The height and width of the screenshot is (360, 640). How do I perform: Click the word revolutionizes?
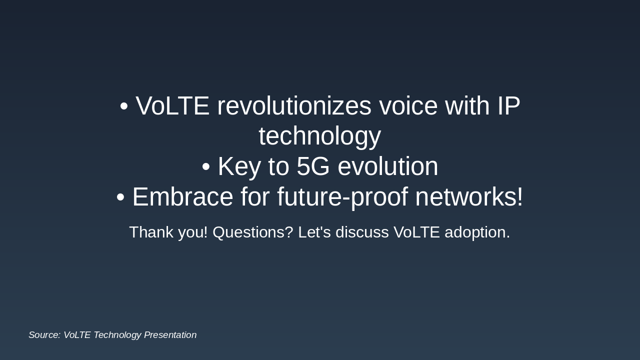(x=294, y=105)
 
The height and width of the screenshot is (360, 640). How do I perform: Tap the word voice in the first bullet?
(x=408, y=105)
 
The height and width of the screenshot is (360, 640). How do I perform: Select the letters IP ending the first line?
(x=508, y=105)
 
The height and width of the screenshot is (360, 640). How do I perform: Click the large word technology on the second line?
(x=320, y=137)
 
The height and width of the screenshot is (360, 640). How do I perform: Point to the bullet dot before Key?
(x=205, y=167)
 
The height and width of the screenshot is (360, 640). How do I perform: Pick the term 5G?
(x=313, y=166)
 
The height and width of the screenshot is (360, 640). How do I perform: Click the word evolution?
(x=387, y=166)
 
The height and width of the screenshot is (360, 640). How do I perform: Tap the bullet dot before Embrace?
(x=120, y=197)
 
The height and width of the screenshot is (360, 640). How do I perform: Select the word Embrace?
(x=183, y=196)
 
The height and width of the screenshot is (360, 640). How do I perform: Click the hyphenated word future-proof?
(x=342, y=197)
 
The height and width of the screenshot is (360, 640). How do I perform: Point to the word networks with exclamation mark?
(x=469, y=196)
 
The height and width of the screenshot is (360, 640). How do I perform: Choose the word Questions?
(x=253, y=232)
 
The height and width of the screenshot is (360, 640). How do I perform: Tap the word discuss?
(x=362, y=232)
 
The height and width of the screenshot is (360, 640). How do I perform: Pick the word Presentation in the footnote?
(x=170, y=335)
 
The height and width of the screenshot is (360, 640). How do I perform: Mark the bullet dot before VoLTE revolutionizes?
(x=123, y=106)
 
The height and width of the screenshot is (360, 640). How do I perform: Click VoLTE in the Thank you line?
(x=416, y=232)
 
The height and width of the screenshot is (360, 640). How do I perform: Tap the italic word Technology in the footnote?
(x=117, y=335)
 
